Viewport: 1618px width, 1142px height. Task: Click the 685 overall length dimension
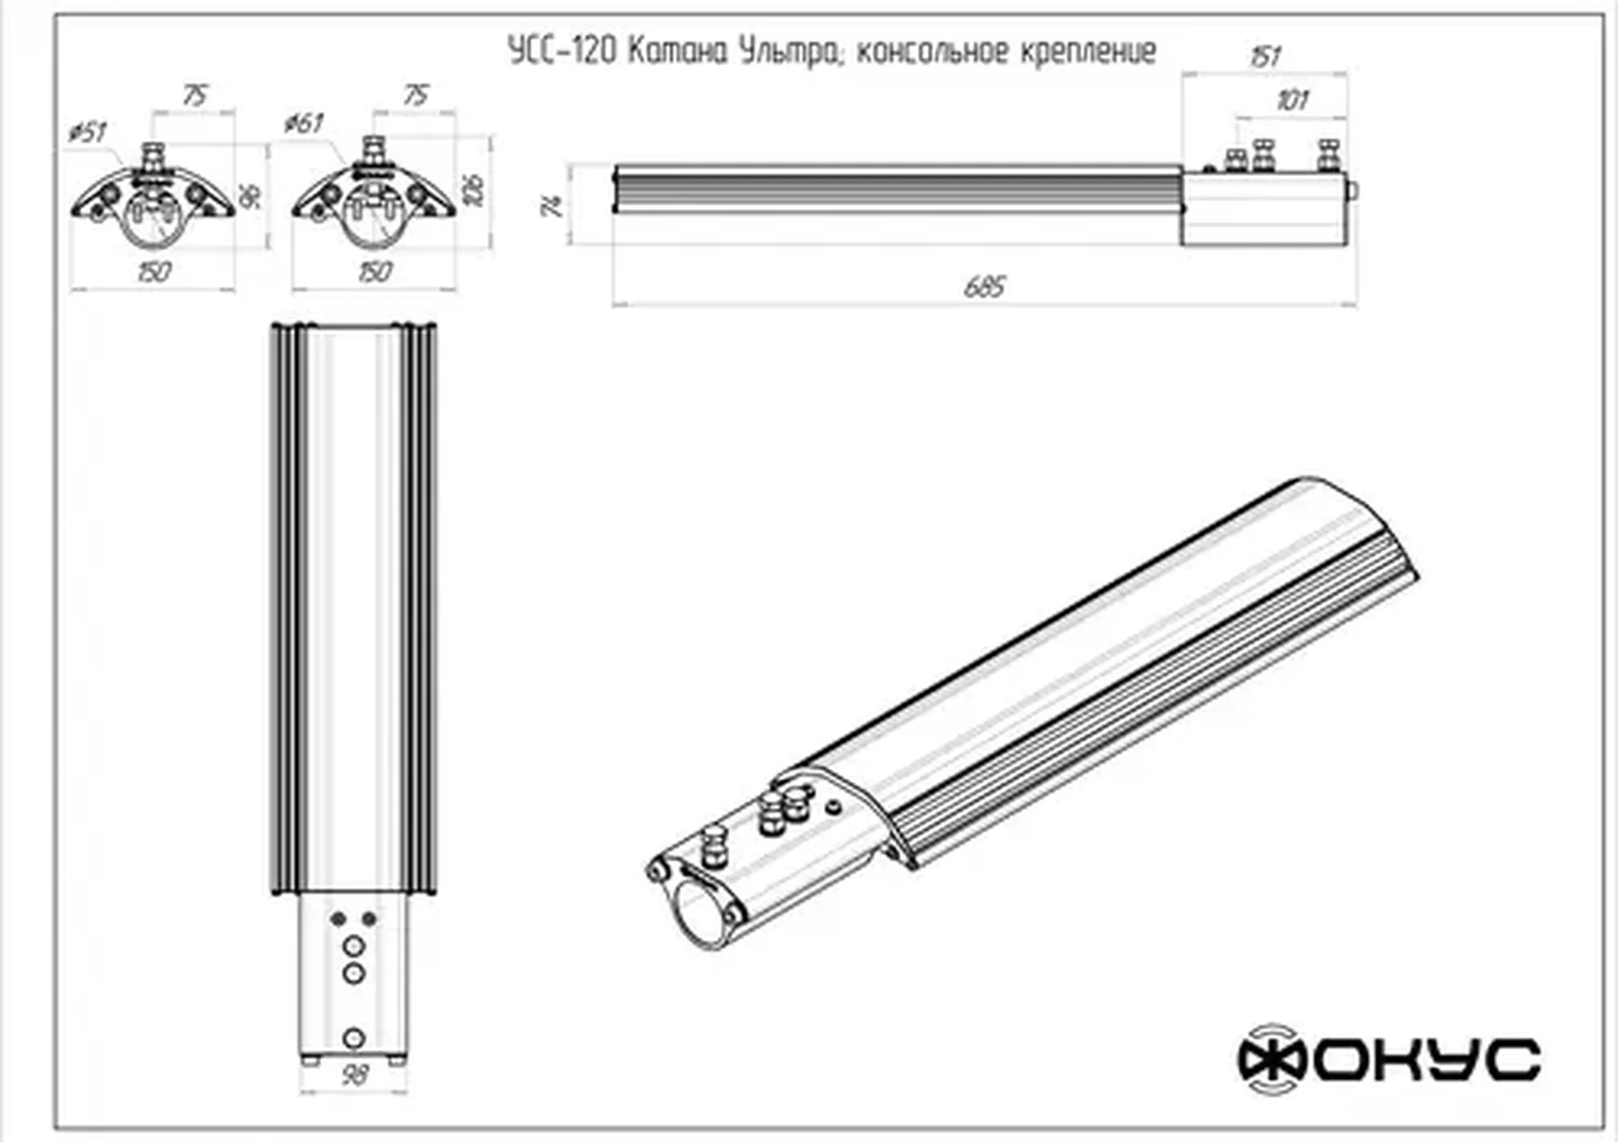(x=984, y=286)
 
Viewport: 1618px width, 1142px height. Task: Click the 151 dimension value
(x=1265, y=56)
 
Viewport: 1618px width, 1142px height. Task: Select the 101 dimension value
(x=1292, y=100)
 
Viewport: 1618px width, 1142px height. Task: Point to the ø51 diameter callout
(x=87, y=133)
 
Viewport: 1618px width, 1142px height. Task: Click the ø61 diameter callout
(x=304, y=123)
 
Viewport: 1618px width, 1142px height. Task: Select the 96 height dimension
(x=251, y=197)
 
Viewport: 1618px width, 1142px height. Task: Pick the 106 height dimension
(x=475, y=191)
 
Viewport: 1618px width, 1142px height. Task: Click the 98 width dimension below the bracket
(x=354, y=1075)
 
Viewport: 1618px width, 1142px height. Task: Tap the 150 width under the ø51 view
(x=153, y=272)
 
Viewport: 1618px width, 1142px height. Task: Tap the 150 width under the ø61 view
(x=374, y=272)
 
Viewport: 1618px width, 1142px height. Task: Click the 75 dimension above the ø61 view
(x=415, y=95)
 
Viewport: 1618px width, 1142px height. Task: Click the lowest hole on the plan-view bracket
(x=354, y=1039)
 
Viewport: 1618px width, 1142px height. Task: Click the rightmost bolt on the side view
(x=1328, y=156)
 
